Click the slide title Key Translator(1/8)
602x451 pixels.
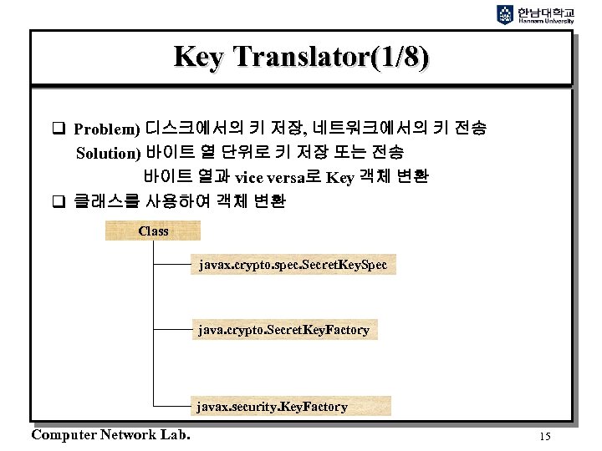(301, 57)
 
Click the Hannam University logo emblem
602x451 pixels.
(505, 13)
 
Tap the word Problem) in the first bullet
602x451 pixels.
(107, 130)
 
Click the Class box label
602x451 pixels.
(153, 231)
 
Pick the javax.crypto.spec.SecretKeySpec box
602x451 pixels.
(292, 265)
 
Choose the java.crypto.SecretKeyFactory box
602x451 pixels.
(283, 330)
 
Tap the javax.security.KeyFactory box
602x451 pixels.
(272, 407)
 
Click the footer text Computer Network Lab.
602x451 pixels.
(110, 434)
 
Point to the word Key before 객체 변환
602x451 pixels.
(340, 177)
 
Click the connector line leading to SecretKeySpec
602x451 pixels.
(172, 266)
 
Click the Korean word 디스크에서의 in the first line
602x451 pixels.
(194, 129)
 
